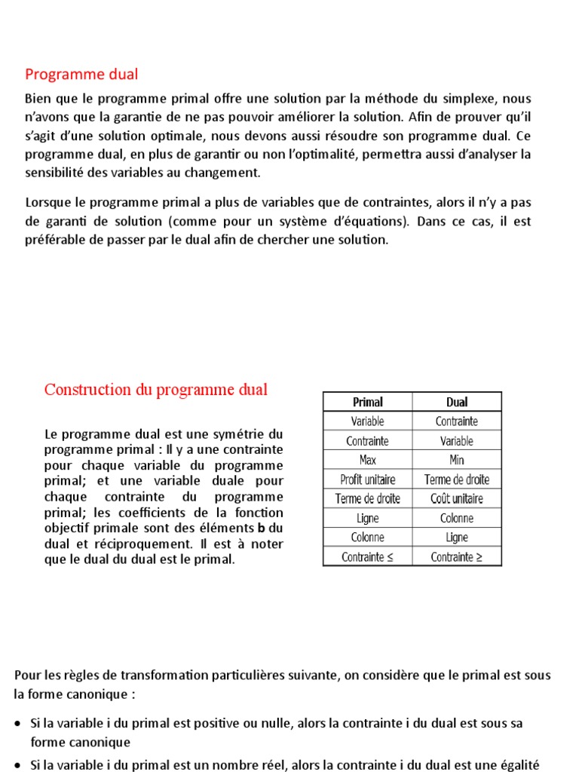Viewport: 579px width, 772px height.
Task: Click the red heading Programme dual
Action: click(81, 75)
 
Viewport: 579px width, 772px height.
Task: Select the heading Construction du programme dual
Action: click(156, 390)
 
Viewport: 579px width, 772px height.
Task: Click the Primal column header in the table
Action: click(368, 402)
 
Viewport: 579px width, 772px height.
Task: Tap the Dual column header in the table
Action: click(457, 402)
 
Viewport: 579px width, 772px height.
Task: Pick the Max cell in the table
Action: click(368, 460)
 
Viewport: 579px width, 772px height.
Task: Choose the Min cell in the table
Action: click(457, 460)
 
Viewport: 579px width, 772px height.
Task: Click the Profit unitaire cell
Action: click(368, 479)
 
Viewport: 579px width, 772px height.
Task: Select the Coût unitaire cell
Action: click(457, 498)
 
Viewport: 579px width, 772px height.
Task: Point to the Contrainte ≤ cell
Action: click(368, 557)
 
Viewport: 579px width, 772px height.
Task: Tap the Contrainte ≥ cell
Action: click(457, 557)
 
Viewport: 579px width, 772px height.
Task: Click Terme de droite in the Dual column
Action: click(457, 479)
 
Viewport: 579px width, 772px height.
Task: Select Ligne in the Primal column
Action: click(368, 518)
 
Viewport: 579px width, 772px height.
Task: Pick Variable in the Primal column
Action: click(368, 421)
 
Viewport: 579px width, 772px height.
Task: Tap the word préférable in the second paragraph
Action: click(54, 240)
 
